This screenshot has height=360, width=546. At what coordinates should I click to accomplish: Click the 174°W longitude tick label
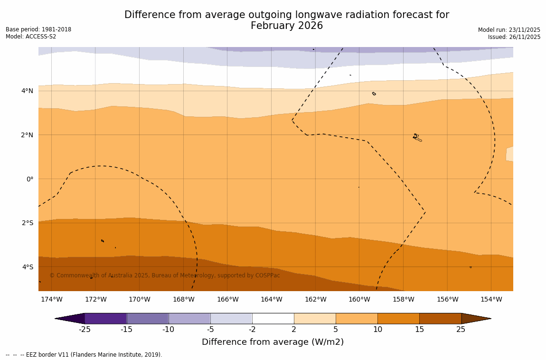click(51, 299)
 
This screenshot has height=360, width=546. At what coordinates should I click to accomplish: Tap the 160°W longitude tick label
click(359, 299)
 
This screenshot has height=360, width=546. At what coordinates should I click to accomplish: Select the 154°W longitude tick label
click(491, 299)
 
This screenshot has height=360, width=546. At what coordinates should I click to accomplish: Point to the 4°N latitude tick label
click(27, 91)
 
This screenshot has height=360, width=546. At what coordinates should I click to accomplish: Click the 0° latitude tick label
click(29, 179)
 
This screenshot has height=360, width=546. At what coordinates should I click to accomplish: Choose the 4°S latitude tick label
click(27, 267)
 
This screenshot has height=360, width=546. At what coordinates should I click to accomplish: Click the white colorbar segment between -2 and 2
click(273, 318)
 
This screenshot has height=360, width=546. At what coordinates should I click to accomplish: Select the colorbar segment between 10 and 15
click(398, 318)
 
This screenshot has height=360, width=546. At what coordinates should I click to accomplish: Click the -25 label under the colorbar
click(85, 330)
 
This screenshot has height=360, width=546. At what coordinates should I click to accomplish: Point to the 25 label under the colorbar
click(461, 330)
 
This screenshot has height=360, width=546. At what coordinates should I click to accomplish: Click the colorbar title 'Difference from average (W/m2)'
click(273, 342)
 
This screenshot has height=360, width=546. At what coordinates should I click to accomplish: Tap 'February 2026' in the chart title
click(287, 26)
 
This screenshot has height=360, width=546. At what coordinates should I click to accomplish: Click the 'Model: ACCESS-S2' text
click(31, 37)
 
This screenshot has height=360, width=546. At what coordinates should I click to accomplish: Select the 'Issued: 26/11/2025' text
click(514, 37)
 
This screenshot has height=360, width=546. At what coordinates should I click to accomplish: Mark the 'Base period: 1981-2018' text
click(38, 29)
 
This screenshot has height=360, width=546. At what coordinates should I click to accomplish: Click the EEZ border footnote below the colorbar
click(84, 355)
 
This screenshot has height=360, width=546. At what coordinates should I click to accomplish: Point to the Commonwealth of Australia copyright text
click(165, 275)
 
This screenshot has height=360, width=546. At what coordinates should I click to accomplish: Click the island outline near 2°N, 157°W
click(417, 138)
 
